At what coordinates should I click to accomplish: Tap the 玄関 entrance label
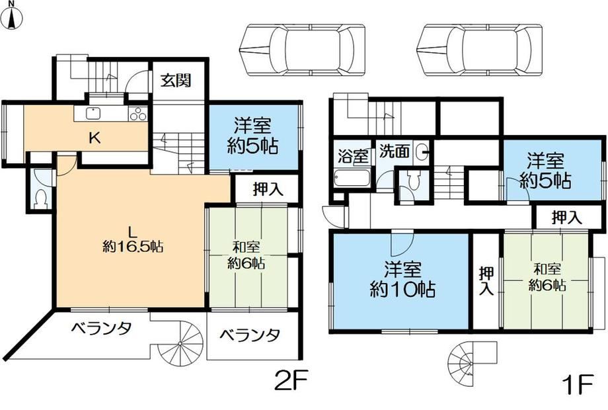point(176,81)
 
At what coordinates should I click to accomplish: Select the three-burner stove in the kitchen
point(137,114)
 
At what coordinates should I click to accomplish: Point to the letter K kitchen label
point(95,138)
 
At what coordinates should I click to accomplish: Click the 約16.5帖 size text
point(132,246)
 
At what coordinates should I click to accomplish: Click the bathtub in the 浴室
point(352,179)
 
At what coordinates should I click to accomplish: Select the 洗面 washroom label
point(394,151)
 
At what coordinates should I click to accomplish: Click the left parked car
point(302,49)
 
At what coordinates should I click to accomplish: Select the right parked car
point(478,49)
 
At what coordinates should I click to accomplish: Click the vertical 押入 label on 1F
point(486,281)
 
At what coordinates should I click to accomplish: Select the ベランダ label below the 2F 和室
point(250,335)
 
